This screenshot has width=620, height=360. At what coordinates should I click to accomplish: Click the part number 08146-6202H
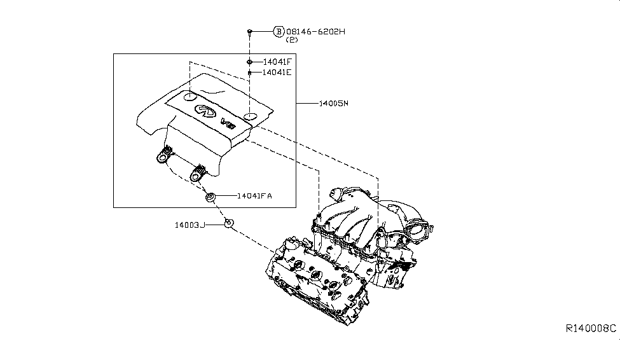pos(315,32)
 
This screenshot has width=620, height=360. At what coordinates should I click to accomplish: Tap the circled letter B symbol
pos(279,31)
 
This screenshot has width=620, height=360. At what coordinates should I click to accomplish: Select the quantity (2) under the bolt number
pos(292,40)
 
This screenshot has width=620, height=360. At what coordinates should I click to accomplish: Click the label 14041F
pos(277,62)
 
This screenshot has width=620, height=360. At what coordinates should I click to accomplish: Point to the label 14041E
pos(277,73)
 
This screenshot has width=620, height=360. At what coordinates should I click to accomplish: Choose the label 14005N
pos(334,103)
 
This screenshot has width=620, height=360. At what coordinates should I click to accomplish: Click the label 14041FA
pos(254,196)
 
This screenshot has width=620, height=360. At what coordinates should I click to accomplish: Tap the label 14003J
pos(189,225)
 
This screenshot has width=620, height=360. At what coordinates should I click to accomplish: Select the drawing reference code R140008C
pos(591,328)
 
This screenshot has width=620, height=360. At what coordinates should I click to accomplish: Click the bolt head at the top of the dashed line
pos(249,31)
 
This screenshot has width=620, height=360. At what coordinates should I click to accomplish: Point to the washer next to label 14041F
pos(249,62)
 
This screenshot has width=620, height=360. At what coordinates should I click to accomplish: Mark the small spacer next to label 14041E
pos(249,73)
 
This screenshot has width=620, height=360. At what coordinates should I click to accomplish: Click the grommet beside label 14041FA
pos(210,197)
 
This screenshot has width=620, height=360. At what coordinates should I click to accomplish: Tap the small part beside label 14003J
pos(228,223)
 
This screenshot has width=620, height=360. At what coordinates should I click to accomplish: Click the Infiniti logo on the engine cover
pos(205,111)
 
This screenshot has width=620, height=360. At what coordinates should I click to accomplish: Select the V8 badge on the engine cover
pos(228,123)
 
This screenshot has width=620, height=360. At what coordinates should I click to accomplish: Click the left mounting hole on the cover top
pos(190,96)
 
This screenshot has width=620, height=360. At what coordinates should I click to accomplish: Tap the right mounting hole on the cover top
pos(250,116)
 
